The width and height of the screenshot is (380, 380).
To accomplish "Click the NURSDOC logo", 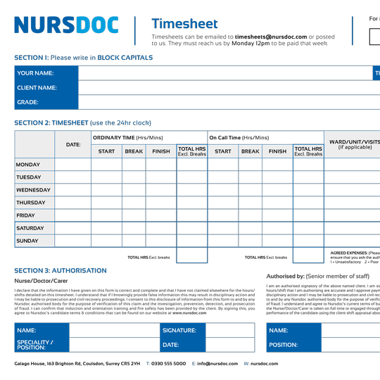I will point(66,25).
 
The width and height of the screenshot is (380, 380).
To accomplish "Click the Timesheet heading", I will point(184,24).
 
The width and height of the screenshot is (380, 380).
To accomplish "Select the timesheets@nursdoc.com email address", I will point(271,36).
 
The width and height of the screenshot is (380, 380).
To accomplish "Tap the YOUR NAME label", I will point(36,73).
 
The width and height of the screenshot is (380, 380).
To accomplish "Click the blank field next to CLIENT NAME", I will point(225,88).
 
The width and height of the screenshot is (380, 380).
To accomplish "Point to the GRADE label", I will point(28,102).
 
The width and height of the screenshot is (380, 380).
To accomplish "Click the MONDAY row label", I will point(28,165).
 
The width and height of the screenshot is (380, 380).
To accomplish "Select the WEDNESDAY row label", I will point(33,190).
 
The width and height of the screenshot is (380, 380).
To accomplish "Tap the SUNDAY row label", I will point(28,241).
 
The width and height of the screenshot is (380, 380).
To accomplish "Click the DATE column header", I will point(72,144).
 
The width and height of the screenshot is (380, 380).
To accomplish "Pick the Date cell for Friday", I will point(72,215).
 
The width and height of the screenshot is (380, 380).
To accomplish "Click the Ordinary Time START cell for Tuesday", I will point(106,177).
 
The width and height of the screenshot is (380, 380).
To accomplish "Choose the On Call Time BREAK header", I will point(250,151).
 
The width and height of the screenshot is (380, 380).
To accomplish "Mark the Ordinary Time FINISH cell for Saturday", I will point(160,228).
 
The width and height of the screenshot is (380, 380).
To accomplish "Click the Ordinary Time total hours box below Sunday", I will point(191,256).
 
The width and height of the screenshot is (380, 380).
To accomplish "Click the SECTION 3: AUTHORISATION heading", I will point(61,270).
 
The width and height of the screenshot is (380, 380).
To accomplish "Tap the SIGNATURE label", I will point(179,330).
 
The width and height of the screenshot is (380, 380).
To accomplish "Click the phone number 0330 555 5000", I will point(169,364).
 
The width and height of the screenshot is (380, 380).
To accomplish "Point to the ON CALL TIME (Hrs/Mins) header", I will point(239,138).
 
